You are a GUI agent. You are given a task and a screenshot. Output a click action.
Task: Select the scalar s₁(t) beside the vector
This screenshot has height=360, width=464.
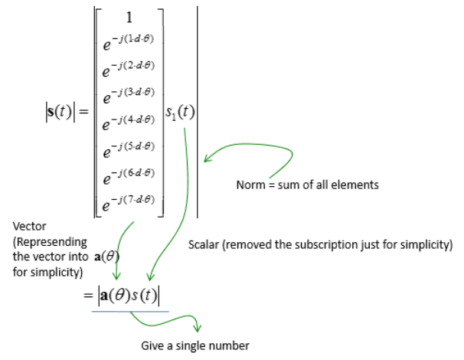(181, 113)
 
